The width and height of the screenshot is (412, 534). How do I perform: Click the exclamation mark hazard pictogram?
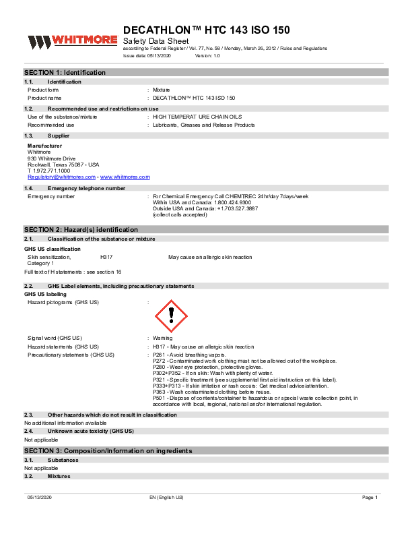pyautogui.click(x=171, y=315)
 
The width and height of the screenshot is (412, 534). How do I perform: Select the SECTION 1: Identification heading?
pyautogui.click(x=65, y=72)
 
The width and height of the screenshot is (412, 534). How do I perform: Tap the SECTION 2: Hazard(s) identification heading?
pyautogui.click(x=81, y=230)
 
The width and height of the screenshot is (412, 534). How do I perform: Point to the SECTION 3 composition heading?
pyautogui.click(x=108, y=450)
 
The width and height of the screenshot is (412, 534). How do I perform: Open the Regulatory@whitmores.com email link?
pyautogui.click(x=61, y=177)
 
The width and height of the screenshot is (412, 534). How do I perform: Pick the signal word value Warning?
pyautogui.click(x=162, y=337)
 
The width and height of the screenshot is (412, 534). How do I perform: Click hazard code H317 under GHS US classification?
pyautogui.click(x=106, y=258)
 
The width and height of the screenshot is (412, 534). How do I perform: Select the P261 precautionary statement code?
pyautogui.click(x=160, y=355)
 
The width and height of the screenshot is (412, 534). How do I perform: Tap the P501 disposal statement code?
pyautogui.click(x=160, y=398)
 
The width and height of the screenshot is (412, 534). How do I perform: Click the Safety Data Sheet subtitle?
pyautogui.click(x=155, y=41)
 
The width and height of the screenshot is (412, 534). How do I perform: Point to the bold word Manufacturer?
pyautogui.click(x=44, y=146)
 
